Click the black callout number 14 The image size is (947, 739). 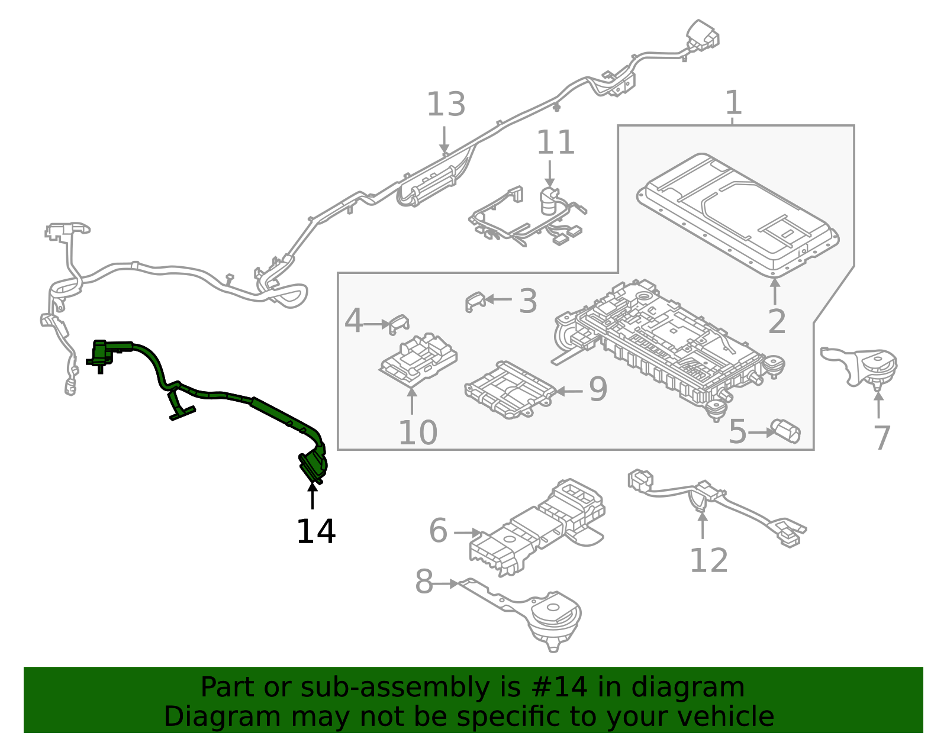315,531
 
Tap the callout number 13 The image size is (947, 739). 446,105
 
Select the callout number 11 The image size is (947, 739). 555,143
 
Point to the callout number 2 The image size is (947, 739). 777,322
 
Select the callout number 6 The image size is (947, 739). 438,530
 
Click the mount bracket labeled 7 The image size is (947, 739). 864,367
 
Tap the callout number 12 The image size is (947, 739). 708,560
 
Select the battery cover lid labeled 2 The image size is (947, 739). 737,213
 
